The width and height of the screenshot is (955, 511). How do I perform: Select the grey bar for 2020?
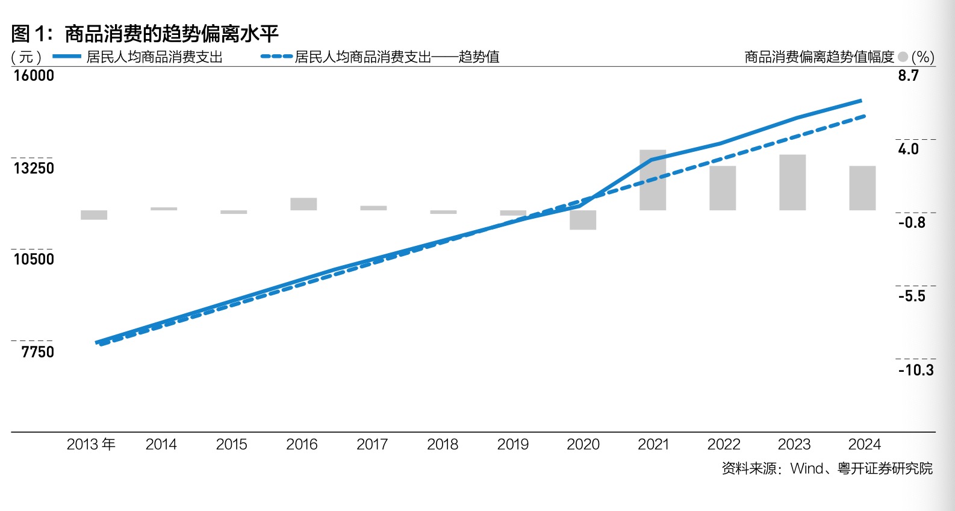[583, 220]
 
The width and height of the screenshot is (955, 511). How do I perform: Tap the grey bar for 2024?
[862, 188]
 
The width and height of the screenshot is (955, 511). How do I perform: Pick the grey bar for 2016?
[303, 204]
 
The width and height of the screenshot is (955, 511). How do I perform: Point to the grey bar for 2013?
[94, 215]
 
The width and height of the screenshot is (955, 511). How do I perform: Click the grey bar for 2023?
[792, 183]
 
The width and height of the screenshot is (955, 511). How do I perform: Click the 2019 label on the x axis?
[512, 445]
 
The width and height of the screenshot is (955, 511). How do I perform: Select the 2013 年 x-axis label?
[91, 445]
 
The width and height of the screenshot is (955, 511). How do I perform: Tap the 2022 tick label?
[723, 445]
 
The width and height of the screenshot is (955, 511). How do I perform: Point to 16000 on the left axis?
[34, 75]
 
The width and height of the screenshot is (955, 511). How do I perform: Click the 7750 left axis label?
[37, 352]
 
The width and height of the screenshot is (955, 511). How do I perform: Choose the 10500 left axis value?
[34, 259]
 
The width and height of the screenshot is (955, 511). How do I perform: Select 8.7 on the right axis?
[908, 75]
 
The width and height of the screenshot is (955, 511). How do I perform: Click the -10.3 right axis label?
[916, 370]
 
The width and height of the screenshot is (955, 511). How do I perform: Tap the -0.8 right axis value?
[912, 222]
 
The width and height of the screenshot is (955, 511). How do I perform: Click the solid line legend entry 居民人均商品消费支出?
[154, 57]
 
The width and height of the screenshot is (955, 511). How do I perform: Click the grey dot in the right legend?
[903, 57]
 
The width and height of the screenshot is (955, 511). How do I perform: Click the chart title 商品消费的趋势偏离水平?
[171, 34]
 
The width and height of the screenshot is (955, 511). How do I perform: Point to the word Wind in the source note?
[806, 468]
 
